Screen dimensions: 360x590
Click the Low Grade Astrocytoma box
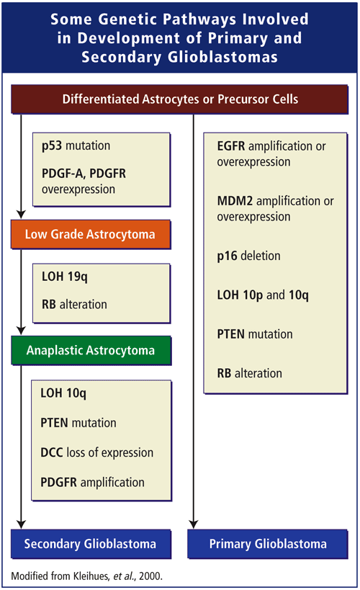(91, 234)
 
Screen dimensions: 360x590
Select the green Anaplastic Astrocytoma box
(91, 351)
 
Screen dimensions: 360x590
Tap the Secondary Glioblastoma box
(91, 544)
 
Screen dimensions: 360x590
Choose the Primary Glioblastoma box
(267, 544)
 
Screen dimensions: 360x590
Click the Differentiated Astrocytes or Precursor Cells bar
(179, 99)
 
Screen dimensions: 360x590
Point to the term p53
(52, 146)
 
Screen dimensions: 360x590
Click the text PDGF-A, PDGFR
(84, 174)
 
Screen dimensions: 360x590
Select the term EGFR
(231, 146)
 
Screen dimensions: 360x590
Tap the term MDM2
(235, 201)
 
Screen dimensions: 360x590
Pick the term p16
(228, 256)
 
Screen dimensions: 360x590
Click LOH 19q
(65, 277)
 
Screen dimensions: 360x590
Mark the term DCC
(52, 452)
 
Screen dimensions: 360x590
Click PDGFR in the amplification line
(59, 482)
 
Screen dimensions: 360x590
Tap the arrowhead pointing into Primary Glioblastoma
(194, 524)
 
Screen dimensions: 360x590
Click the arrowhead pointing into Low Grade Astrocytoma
(21, 215)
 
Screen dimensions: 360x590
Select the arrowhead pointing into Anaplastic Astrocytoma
(21, 331)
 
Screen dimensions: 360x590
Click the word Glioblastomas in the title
(222, 57)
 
